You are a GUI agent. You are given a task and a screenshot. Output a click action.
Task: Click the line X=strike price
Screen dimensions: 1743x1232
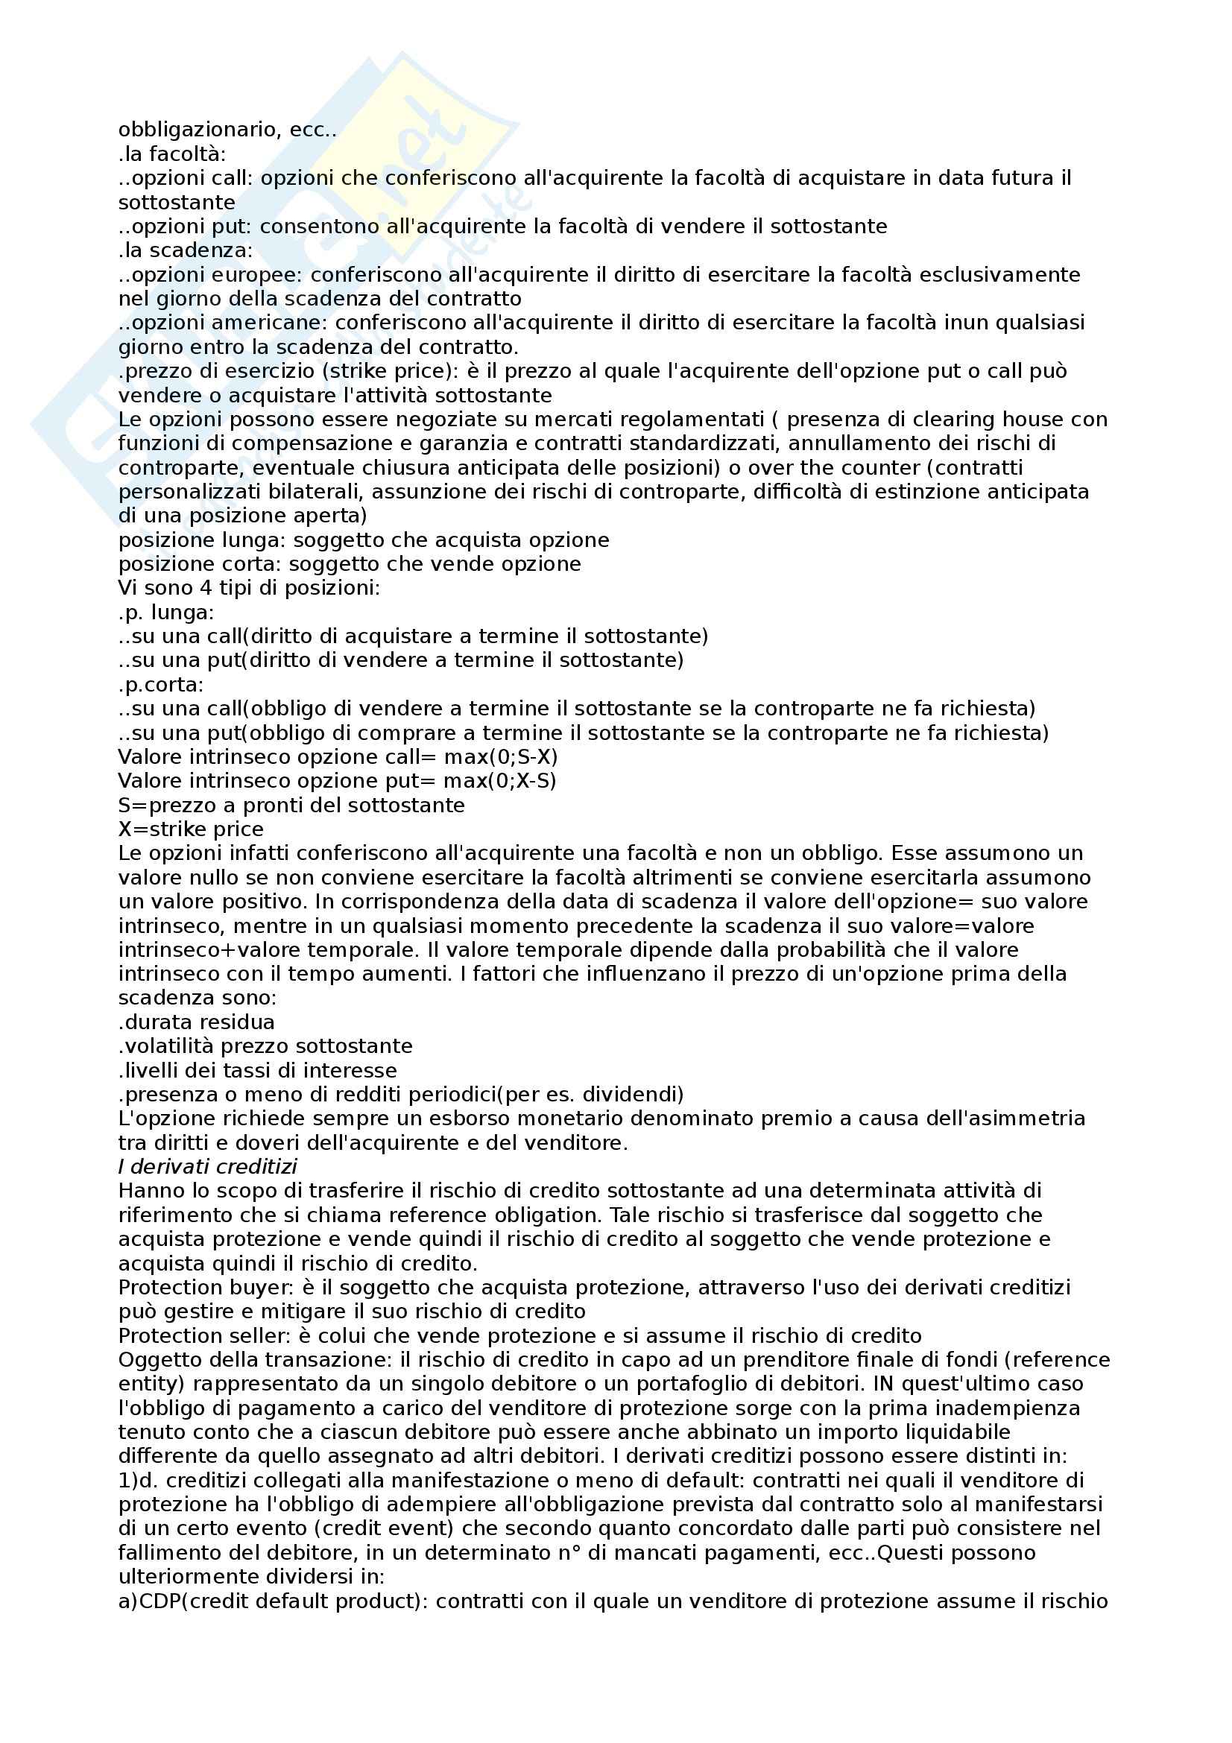(192, 829)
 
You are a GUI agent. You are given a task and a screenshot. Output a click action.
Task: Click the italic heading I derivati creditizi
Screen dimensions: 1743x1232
(207, 1167)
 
